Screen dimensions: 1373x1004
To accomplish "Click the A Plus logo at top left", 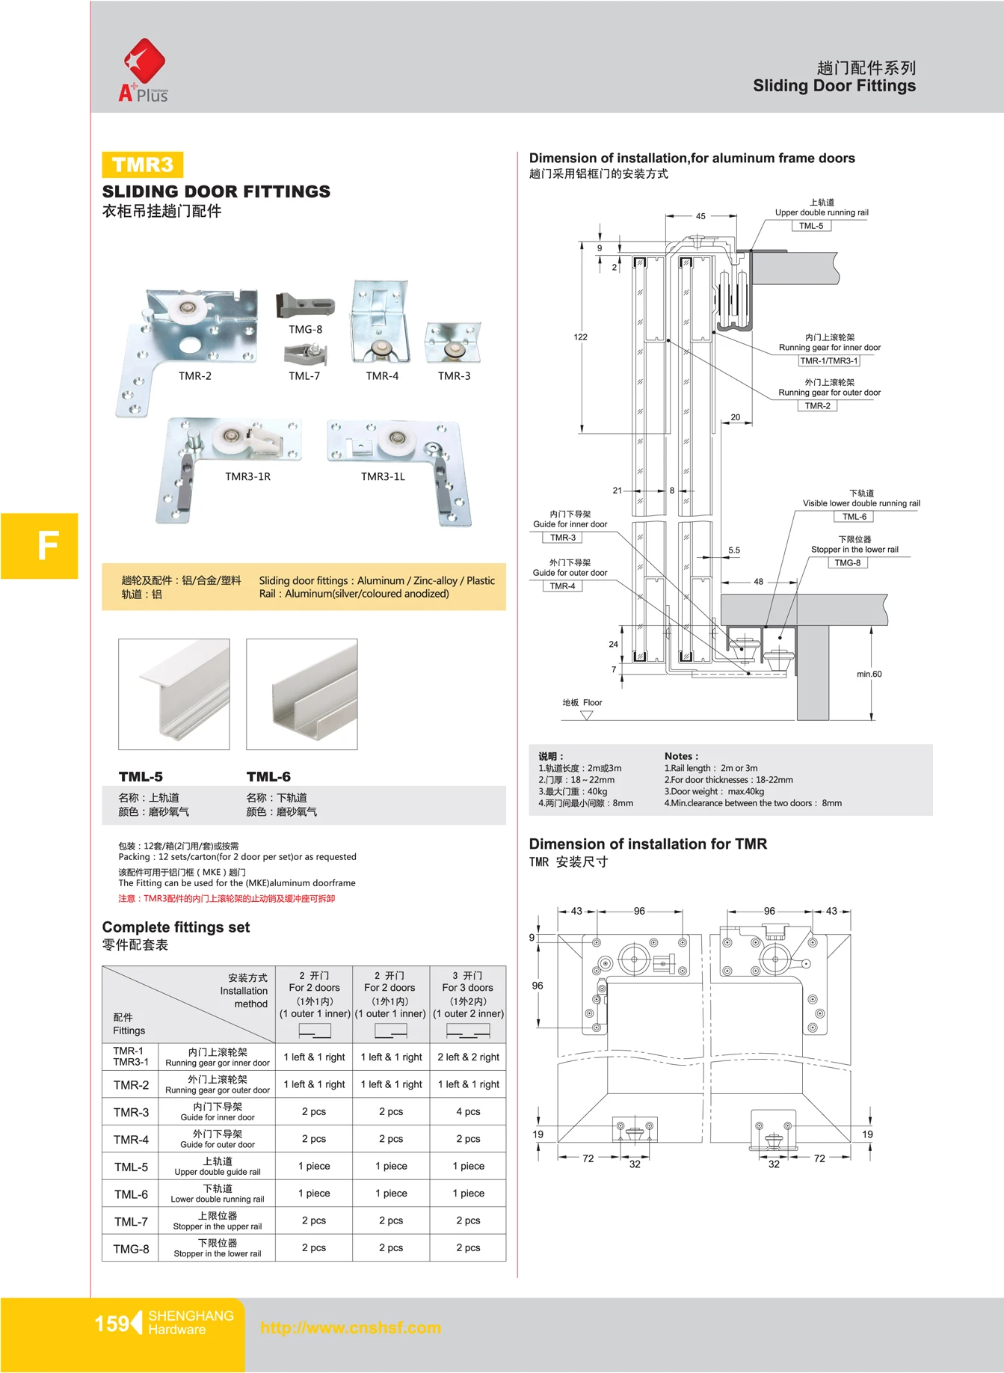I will point(144,71).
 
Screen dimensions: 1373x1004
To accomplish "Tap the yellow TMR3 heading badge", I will point(142,165).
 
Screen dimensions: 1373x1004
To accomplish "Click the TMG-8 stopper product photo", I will point(305,306).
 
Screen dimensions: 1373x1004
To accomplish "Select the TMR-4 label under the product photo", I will point(382,376).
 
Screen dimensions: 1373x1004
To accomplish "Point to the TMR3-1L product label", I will point(383,476).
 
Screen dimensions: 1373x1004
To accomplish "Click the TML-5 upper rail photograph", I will point(174,694).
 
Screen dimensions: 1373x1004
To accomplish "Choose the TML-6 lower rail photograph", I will point(302,694).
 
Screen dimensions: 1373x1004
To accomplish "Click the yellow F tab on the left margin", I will point(40,546).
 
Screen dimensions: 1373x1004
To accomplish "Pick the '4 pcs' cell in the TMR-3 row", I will point(469,1112).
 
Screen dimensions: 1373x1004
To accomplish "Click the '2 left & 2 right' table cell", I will point(469,1057).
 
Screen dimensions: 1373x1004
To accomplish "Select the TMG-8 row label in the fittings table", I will point(131,1249).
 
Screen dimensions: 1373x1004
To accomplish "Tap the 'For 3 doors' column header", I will point(469,988).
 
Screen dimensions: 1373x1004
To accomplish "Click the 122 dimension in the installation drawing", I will point(581,337).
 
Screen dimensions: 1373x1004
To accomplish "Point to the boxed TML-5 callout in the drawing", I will point(811,226).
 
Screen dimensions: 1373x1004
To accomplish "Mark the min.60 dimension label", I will point(869,675).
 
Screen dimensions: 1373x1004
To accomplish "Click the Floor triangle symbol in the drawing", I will point(587,716).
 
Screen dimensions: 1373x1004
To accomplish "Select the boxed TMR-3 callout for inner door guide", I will point(563,538).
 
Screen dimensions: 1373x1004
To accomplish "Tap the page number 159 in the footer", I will point(112,1324).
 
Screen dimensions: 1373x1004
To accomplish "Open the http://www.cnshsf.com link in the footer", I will point(351,1328).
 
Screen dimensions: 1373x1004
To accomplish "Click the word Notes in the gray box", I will point(680,756).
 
